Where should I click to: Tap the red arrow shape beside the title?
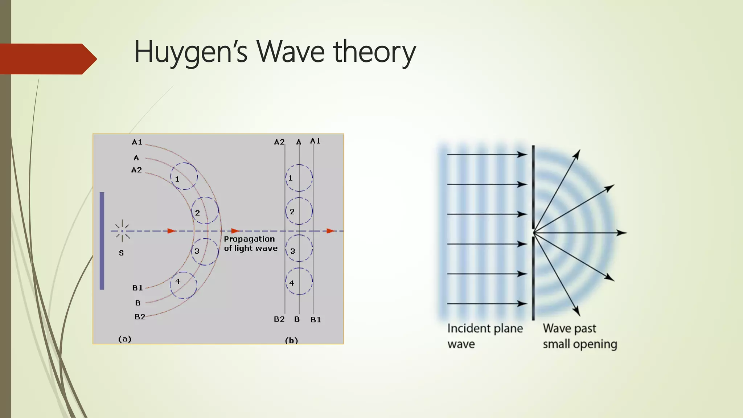(x=47, y=59)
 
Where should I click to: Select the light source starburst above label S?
(x=122, y=231)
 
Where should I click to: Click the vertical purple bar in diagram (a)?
(x=102, y=241)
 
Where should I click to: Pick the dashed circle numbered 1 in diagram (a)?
(x=184, y=176)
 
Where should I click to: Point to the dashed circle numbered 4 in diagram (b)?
(x=299, y=281)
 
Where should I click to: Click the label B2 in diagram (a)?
(x=140, y=317)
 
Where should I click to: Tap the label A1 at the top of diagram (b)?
(x=315, y=141)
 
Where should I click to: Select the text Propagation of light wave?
(x=250, y=243)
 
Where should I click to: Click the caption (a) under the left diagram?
(x=125, y=339)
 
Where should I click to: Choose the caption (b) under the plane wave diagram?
(x=291, y=340)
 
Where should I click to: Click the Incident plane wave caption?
(x=485, y=336)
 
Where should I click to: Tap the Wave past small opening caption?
(x=580, y=336)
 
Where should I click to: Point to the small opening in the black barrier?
(x=533, y=232)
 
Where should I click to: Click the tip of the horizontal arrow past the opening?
(x=625, y=233)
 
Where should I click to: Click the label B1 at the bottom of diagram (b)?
(x=316, y=320)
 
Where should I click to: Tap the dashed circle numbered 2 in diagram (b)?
(x=299, y=211)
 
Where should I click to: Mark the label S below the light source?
(x=121, y=253)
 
